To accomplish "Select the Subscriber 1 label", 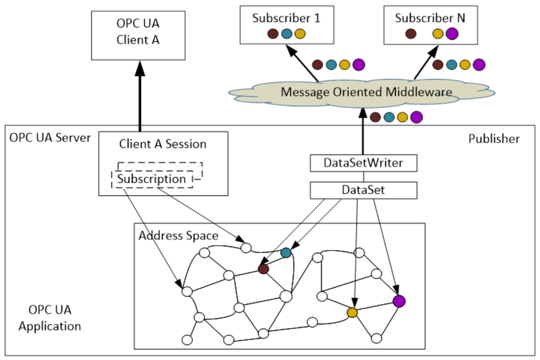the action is [286, 18].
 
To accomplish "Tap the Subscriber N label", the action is [430, 18].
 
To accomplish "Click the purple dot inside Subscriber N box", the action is [452, 33].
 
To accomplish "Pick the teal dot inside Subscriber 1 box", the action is [287, 34].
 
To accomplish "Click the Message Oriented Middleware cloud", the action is [362, 93].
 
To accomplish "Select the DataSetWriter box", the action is [364, 163].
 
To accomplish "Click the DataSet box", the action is [364, 190].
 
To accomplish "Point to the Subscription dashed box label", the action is [151, 179].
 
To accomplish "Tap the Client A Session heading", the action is [163, 144].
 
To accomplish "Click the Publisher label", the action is [494, 139].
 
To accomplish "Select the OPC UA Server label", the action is [50, 137].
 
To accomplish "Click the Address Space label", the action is [178, 236].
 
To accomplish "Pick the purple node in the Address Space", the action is [399, 301].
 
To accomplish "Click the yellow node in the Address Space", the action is [352, 313].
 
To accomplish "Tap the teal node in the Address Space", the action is [286, 253].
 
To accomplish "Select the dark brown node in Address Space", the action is [263, 269].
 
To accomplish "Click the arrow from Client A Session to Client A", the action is [140, 96].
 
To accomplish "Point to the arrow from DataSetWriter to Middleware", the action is [363, 131].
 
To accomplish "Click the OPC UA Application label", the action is [50, 318].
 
